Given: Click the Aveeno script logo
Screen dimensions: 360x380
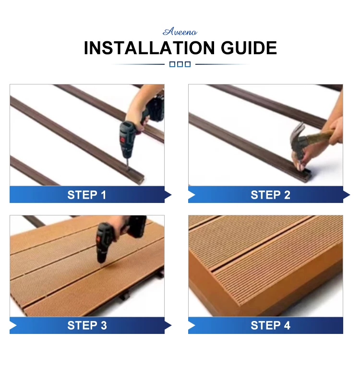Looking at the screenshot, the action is click(x=180, y=32).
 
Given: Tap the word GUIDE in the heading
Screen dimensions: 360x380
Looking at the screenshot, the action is click(x=249, y=48).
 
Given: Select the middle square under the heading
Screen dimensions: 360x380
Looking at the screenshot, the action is click(x=180, y=64).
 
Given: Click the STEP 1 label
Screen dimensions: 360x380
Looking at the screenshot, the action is click(x=86, y=195).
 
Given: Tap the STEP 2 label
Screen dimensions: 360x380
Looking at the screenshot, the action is click(x=270, y=195).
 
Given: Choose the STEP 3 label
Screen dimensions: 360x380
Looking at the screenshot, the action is click(x=87, y=325).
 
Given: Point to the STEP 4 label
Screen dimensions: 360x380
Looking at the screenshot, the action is click(x=270, y=325).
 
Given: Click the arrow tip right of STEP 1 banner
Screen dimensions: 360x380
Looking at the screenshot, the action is click(x=171, y=195).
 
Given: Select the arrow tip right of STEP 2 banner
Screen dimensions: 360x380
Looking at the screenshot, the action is click(x=350, y=195).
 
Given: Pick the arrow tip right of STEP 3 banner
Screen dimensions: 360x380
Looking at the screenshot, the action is click(x=171, y=325).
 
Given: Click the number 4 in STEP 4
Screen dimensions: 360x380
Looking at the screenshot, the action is click(x=287, y=325).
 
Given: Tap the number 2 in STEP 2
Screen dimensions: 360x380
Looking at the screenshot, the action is click(x=287, y=195).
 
